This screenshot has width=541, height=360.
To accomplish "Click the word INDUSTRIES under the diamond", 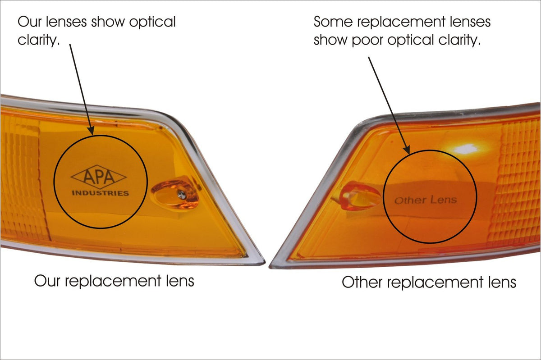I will click(100, 193).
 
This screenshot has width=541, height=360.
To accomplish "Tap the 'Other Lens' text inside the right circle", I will click(426, 200).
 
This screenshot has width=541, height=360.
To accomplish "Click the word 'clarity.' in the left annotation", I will click(39, 40).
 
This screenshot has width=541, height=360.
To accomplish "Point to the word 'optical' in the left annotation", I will click(151, 22).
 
